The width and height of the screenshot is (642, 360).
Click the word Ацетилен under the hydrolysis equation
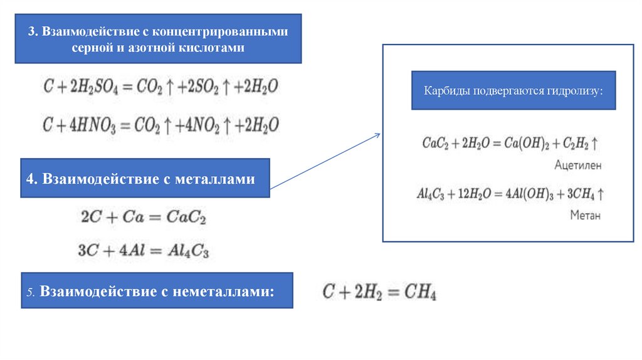[578, 165]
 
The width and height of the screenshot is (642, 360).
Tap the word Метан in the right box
[585, 215]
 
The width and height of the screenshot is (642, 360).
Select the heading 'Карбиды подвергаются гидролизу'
[513, 91]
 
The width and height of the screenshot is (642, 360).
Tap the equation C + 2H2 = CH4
[379, 292]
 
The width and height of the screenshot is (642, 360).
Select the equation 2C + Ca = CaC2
[144, 218]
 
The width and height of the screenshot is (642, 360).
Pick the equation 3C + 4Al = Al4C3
[144, 251]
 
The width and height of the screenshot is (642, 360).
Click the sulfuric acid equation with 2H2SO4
[160, 88]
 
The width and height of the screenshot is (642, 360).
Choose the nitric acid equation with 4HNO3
[160, 123]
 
